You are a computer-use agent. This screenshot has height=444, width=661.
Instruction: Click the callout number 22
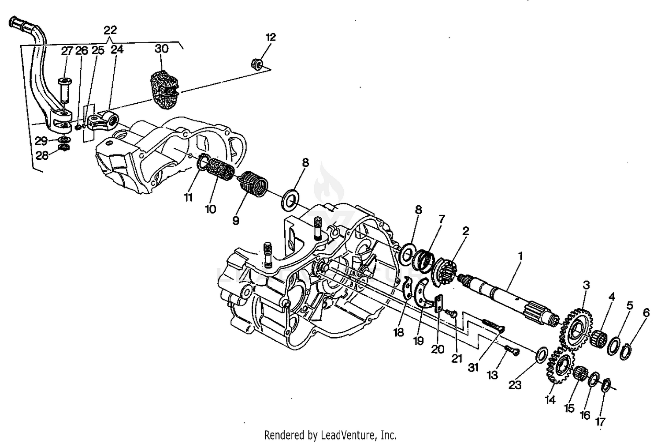[x=110, y=30]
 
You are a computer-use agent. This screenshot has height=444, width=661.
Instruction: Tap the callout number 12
[x=271, y=37]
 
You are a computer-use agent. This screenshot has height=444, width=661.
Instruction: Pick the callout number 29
[x=41, y=141]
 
